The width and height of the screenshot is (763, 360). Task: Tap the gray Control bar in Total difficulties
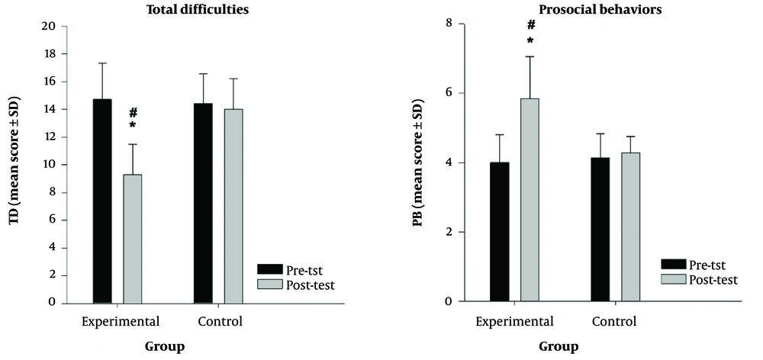[233, 206]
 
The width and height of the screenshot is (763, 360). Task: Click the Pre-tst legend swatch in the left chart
[269, 269]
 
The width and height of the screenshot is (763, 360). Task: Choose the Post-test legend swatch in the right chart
[673, 279]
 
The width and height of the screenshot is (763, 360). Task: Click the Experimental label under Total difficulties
[121, 321]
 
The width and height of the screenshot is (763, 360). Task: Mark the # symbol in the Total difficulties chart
[133, 111]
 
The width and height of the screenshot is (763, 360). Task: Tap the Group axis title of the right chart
[559, 346]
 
